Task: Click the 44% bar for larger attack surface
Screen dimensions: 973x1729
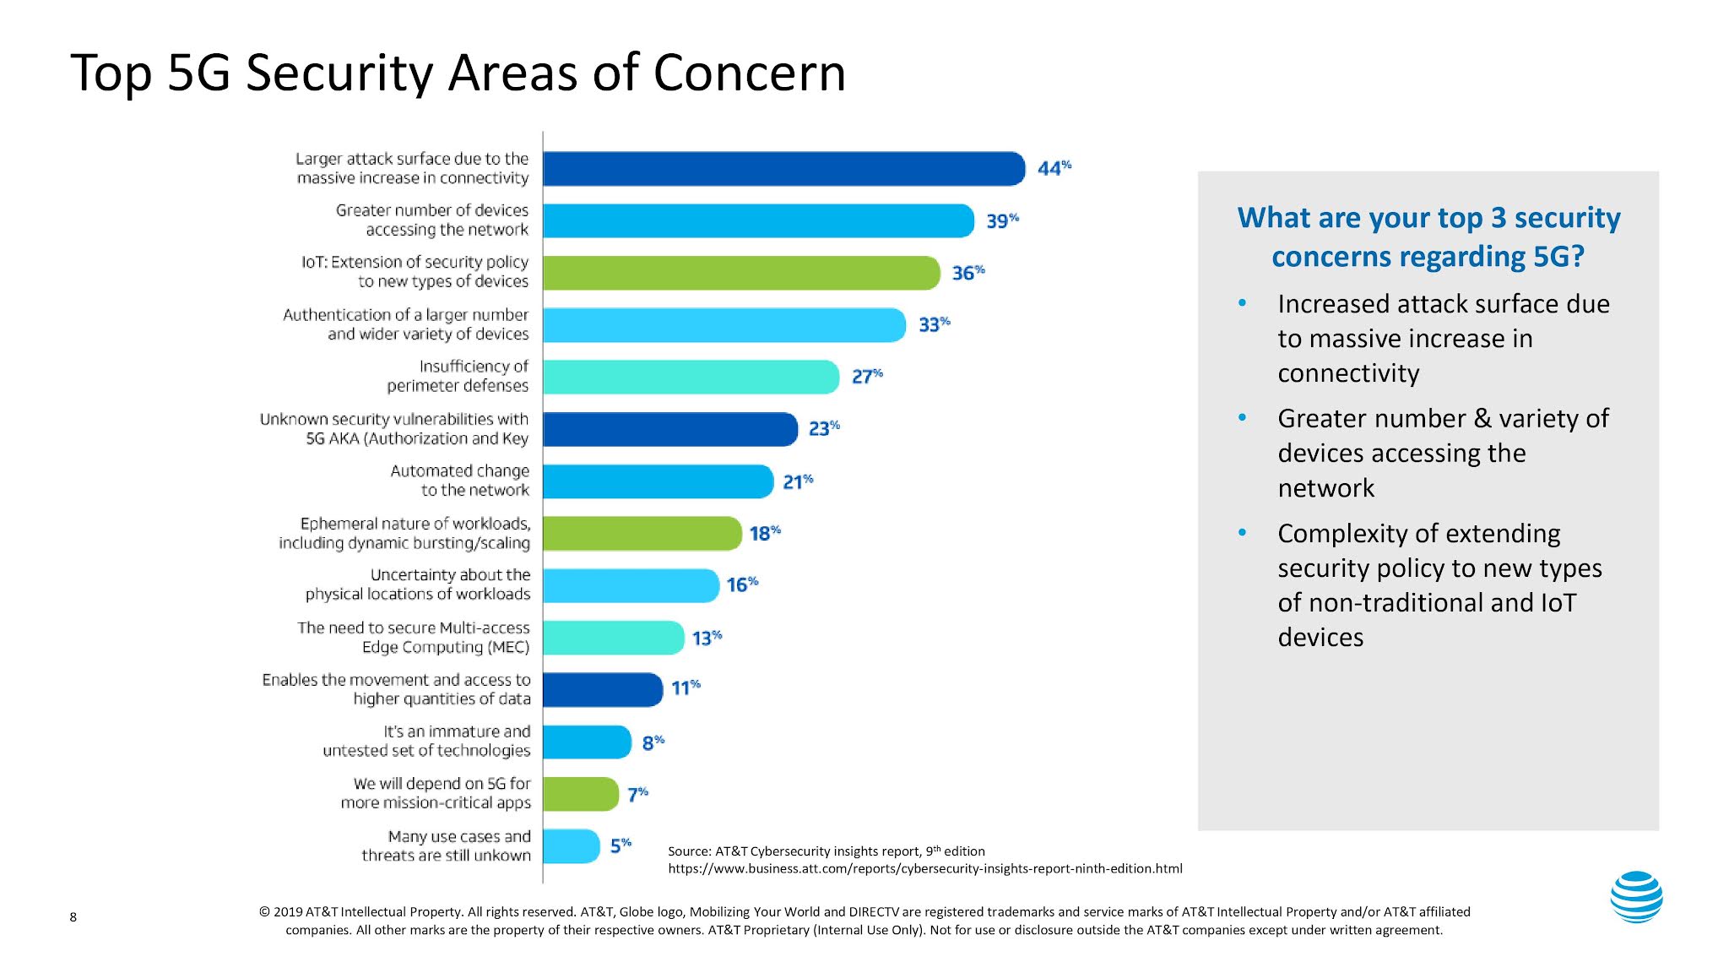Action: pos(783,169)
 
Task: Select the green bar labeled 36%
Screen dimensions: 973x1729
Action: pos(741,273)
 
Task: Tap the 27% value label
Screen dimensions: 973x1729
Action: pos(866,376)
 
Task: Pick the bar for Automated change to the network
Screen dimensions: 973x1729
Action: pos(658,481)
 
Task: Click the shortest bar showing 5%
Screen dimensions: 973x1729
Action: pos(571,846)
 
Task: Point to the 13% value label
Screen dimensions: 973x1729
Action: pos(707,638)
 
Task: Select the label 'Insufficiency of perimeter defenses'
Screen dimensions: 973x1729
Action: pos(458,376)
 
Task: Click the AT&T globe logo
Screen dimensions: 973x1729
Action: pos(1636,897)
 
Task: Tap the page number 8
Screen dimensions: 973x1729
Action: pos(73,917)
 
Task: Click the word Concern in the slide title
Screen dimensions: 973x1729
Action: pos(749,73)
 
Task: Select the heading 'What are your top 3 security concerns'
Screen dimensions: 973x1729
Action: pos(1428,236)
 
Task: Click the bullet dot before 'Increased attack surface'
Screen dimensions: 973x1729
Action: pos(1242,303)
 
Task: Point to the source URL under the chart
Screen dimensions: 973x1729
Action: pos(924,868)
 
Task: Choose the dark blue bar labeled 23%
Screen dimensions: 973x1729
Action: pos(669,429)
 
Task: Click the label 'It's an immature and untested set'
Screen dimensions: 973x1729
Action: pos(427,741)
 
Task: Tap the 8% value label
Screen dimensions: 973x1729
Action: pos(653,742)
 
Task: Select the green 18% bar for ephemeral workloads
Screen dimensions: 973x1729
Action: pos(642,534)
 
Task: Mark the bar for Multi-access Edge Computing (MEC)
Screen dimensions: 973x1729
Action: pos(613,638)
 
